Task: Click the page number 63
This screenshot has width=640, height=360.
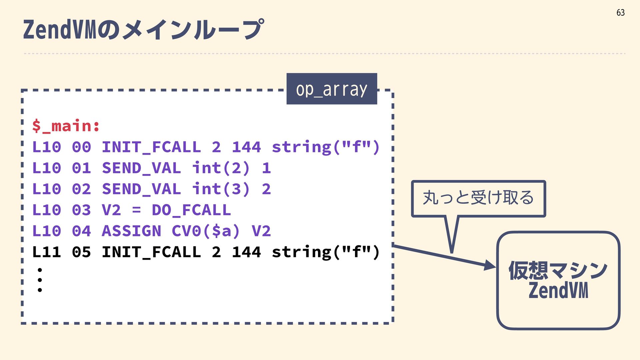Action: point(620,13)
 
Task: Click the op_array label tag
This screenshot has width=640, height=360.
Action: point(332,89)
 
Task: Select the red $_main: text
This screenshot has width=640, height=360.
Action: point(66,126)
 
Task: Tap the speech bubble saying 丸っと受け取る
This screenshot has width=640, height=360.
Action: point(478,198)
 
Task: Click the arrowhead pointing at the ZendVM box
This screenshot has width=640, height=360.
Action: point(490,266)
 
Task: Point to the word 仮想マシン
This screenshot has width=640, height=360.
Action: point(558,270)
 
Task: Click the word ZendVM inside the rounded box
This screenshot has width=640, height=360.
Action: point(558,290)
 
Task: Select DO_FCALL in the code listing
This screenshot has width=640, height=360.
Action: point(191,210)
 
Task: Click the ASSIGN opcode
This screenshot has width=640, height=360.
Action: point(131,231)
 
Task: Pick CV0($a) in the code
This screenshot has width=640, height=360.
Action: point(206,231)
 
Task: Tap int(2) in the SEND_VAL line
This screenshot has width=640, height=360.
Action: point(220,168)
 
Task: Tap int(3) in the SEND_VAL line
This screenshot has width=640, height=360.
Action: point(220,189)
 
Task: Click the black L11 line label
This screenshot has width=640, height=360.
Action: point(47,252)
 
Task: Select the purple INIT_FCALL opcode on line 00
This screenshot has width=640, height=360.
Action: point(151,147)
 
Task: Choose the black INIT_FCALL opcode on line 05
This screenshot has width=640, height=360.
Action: point(151,252)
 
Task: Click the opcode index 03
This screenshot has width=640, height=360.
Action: point(81,210)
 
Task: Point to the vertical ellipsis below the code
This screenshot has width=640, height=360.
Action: point(40,280)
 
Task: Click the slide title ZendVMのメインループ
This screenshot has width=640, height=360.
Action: point(143,29)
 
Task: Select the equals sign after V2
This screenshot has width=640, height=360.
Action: point(136,210)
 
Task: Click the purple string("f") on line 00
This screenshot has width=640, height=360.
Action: point(326,147)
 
